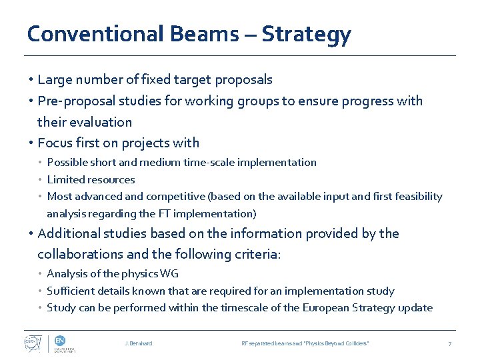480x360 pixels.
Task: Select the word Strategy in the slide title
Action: (306, 33)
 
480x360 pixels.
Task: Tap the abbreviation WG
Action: (169, 273)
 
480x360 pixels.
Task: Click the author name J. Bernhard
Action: (138, 343)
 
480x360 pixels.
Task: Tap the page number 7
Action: (449, 343)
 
